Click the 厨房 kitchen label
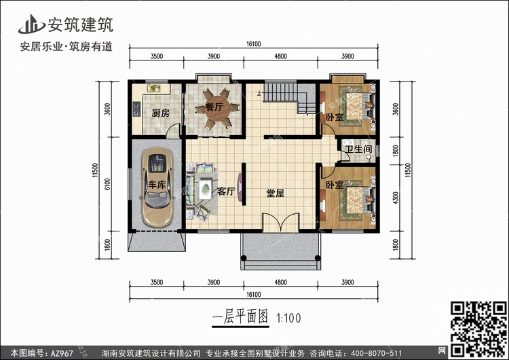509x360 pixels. coord(160,113)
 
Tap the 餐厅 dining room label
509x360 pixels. coord(205,107)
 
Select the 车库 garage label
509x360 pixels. coord(157,185)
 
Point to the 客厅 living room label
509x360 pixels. coord(226,192)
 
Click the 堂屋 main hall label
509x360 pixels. coord(275,192)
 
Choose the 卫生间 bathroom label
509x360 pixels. coord(358,149)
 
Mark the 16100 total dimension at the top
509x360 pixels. coord(254,43)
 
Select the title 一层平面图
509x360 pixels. coord(241,317)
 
